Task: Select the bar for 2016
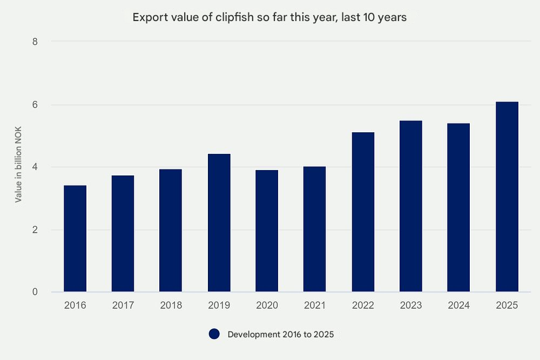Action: [x=75, y=239]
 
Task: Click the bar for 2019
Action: [x=219, y=223]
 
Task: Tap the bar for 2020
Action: [x=267, y=231]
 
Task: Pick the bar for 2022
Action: [x=363, y=212]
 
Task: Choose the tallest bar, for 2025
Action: [x=507, y=197]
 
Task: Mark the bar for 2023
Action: [x=411, y=206]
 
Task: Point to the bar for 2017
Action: [x=123, y=234]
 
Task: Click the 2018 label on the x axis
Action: [x=171, y=305]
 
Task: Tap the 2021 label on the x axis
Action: [x=315, y=305]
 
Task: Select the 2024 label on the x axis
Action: [x=458, y=305]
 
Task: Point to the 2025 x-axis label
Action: [x=507, y=305]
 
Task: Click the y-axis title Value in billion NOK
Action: [x=18, y=167]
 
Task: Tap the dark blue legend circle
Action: [x=214, y=335]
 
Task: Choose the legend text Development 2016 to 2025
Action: [x=281, y=335]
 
